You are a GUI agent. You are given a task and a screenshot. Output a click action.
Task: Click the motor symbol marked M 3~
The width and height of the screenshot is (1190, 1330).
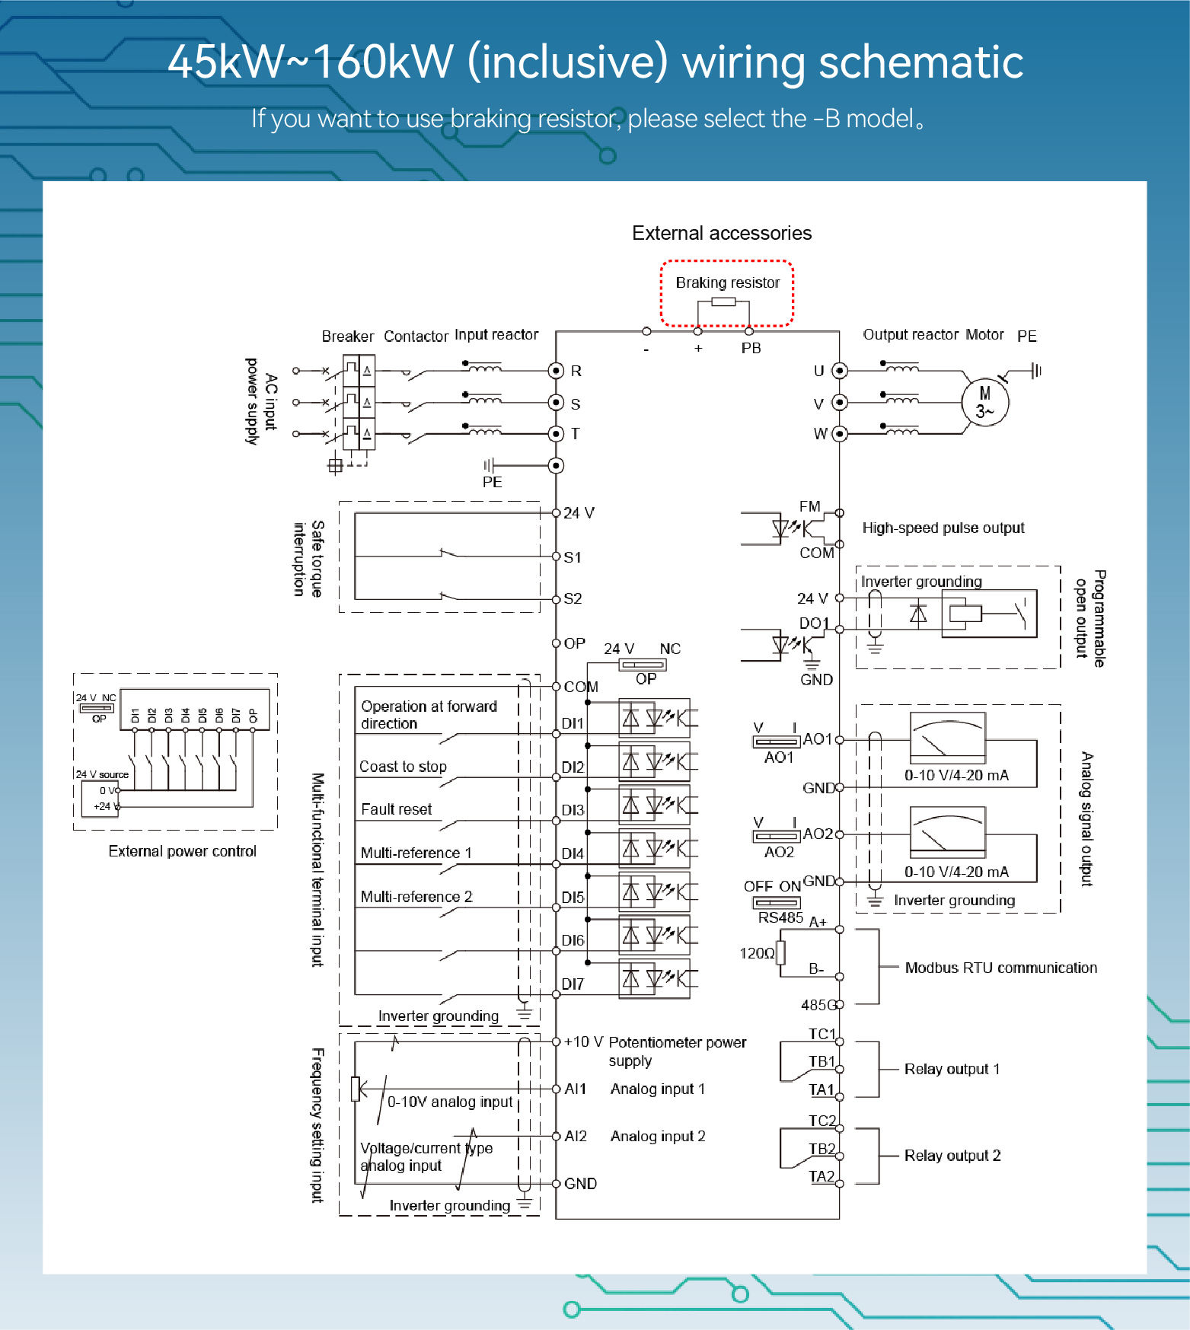(x=984, y=402)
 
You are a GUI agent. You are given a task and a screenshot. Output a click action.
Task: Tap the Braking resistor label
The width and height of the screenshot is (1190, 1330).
(x=727, y=282)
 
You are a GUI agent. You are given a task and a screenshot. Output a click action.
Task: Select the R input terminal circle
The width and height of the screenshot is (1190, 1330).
(x=556, y=371)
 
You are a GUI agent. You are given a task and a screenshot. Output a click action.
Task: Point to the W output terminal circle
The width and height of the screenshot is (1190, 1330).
(x=839, y=434)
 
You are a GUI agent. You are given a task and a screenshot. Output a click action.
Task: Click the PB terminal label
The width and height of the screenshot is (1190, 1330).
(x=751, y=348)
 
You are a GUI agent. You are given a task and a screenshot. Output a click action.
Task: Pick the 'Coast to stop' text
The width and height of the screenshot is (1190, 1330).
(x=403, y=767)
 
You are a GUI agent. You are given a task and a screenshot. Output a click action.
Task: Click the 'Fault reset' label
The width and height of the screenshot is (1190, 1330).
(x=396, y=809)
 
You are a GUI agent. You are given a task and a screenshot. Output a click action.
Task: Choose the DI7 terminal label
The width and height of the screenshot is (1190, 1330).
(x=573, y=984)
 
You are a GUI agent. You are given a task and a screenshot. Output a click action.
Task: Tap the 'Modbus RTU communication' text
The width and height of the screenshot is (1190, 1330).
(x=1000, y=968)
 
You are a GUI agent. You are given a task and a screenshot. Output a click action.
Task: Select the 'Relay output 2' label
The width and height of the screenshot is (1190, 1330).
(x=952, y=1156)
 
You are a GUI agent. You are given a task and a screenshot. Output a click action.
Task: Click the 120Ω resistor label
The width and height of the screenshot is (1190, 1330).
(x=757, y=953)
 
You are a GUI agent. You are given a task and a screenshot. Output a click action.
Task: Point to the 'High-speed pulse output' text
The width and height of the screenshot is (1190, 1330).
(x=943, y=528)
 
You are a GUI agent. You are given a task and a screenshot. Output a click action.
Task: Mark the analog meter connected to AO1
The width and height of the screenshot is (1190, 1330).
(x=948, y=737)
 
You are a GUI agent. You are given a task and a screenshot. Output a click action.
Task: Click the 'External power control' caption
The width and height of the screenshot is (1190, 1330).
(x=182, y=851)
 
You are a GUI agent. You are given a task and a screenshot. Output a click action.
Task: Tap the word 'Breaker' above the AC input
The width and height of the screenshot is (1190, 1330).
(x=347, y=336)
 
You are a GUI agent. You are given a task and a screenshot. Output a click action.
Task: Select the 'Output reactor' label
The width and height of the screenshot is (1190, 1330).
(x=910, y=334)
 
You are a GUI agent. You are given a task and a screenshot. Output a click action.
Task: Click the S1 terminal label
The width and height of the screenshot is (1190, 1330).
(x=573, y=557)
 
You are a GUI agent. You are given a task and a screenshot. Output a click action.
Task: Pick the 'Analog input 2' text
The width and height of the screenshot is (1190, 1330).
(x=658, y=1136)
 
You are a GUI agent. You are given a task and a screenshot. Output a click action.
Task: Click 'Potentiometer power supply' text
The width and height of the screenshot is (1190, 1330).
(x=677, y=1051)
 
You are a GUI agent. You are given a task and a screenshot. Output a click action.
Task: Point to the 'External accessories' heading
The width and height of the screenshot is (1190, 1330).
(x=722, y=233)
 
